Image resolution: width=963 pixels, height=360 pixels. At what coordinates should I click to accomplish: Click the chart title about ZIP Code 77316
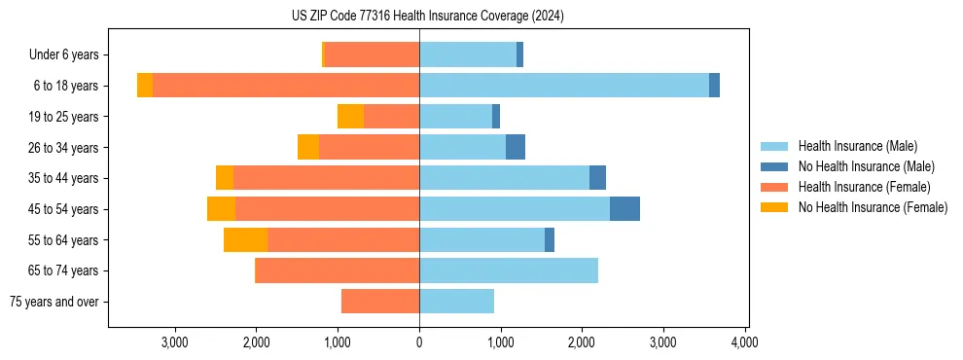tap(427, 16)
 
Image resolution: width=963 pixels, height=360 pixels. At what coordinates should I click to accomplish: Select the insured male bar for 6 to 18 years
tap(564, 86)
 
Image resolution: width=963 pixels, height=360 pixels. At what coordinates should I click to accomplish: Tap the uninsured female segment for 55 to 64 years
tap(245, 239)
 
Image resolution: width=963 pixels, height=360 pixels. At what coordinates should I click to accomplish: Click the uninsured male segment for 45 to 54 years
tap(624, 209)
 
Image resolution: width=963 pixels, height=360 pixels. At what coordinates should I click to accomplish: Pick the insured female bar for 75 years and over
tap(380, 302)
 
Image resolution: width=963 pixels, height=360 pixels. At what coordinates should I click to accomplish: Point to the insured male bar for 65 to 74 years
tap(509, 270)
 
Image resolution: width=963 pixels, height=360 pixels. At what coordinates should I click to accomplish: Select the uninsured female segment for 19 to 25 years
tap(350, 117)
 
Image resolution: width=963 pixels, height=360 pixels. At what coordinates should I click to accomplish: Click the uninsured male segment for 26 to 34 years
tap(516, 147)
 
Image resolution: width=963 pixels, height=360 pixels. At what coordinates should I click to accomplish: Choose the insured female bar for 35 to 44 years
tap(326, 178)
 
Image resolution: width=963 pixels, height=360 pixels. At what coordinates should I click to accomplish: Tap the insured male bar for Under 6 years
tap(468, 54)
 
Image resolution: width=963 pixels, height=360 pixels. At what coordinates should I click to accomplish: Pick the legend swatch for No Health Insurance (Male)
tap(775, 166)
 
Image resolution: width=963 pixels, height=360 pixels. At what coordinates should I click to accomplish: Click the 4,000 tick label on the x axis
tap(745, 342)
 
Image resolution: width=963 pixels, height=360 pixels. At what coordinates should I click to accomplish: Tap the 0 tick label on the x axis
tap(419, 342)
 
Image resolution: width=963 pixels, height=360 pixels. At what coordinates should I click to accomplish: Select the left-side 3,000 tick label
tap(175, 342)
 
